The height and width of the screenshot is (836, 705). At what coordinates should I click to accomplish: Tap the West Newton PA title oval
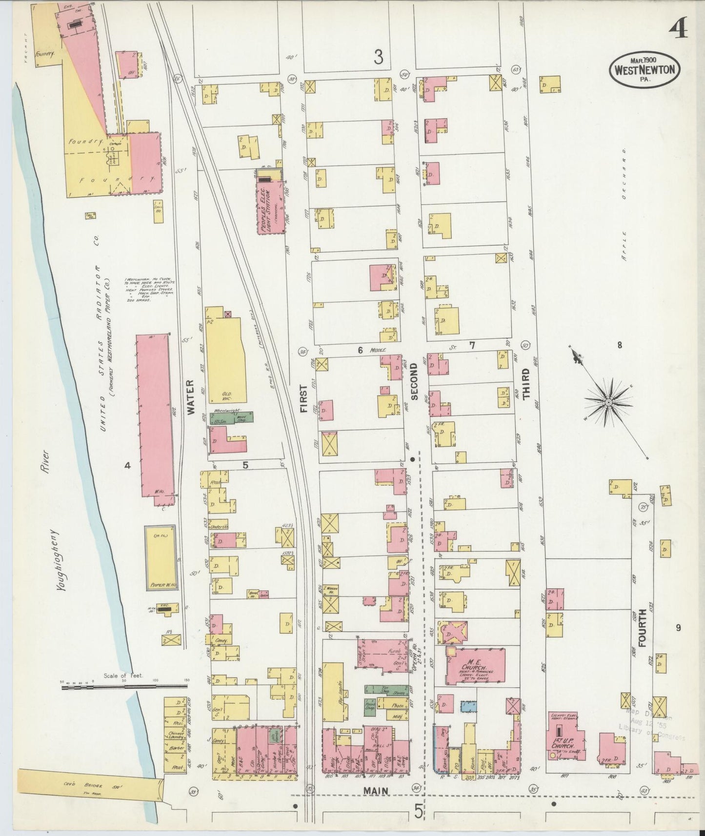pos(644,69)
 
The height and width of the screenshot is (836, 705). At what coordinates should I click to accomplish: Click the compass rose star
pos(608,401)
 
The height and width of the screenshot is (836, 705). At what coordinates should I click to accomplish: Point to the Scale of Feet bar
pos(124,685)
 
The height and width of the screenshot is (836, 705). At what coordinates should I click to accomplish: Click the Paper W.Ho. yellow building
pos(161,557)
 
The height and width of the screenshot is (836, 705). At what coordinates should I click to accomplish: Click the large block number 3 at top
pos(378,58)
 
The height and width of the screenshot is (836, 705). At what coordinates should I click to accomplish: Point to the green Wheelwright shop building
pos(231,418)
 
